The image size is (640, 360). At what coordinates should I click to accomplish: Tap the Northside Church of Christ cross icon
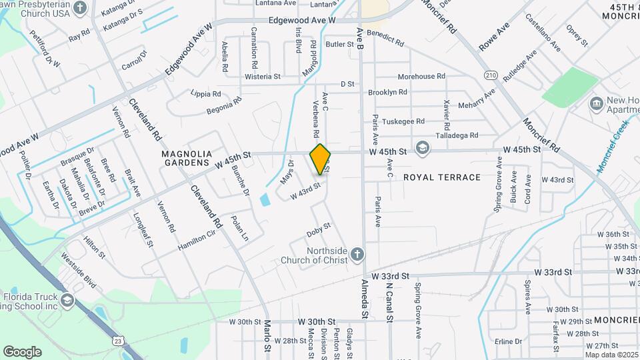pos(357,255)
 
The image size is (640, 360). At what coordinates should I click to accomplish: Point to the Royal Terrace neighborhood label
pos(442,177)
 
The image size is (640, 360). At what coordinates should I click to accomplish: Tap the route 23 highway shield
pos(118,341)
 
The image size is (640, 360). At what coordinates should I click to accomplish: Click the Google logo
pos(22,351)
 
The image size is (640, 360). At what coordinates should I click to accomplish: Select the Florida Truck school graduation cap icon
pos(67,301)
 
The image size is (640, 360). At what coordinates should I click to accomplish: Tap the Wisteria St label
pos(263,77)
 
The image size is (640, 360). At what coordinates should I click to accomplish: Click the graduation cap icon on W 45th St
pos(421,148)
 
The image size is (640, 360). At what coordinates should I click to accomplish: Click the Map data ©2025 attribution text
pos(611,355)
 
